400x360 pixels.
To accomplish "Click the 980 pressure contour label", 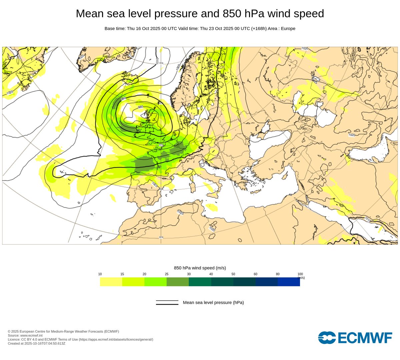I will coord(140,107).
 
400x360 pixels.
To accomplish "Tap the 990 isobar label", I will coord(123,99).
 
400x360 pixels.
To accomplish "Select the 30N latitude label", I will coord(161,237).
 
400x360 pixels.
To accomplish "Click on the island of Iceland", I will coord(130,78).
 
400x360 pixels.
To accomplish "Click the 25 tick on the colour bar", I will coord(166,274).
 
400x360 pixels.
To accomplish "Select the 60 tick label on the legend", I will coord(255,274).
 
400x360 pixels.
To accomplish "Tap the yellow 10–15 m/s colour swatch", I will coord(111,282).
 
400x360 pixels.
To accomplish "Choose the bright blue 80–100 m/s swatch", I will coord(289,282).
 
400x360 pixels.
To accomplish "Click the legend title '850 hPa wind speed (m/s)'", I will coord(200,268).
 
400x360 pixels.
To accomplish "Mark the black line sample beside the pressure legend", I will coord(167,303).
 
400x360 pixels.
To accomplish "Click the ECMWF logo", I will coord(355,337).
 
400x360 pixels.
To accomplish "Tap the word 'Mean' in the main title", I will coord(89,14).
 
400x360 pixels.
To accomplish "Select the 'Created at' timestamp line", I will coord(37,343).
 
